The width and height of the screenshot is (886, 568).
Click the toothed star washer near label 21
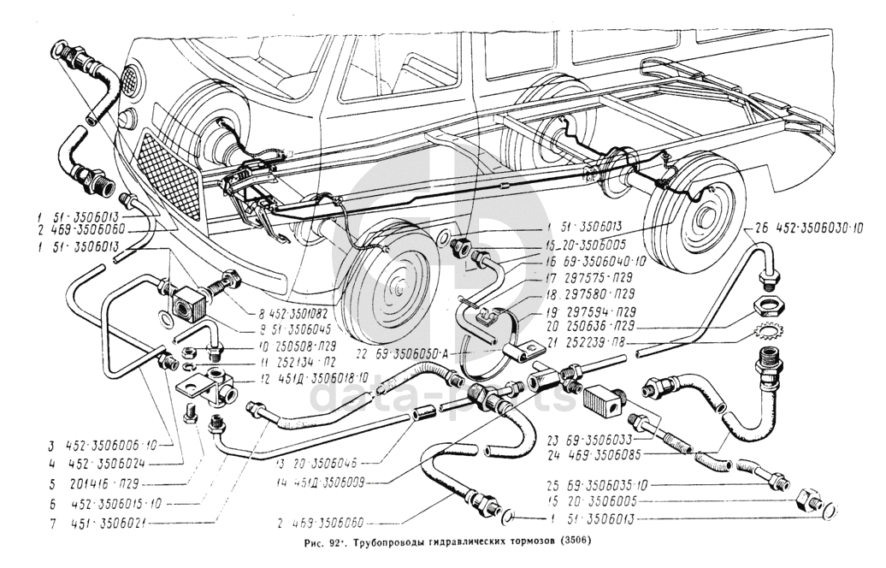765,329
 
